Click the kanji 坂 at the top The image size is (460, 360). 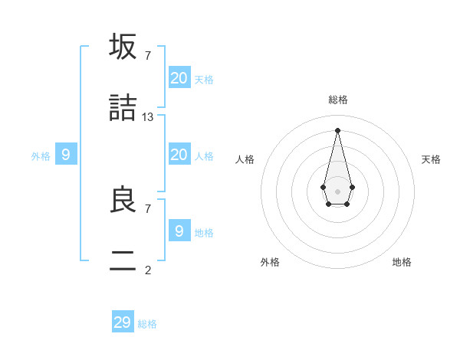(123, 47)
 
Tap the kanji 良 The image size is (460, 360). (123, 200)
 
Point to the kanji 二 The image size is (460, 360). (123, 261)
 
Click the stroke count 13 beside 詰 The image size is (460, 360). (148, 117)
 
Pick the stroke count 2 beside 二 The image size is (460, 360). (148, 270)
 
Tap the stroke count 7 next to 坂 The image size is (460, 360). (148, 55)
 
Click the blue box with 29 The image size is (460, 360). (123, 322)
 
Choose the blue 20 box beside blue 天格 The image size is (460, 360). (179, 77)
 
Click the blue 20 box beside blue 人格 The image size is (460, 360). (179, 155)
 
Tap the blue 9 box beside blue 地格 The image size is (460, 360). (179, 231)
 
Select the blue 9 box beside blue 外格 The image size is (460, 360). (66, 155)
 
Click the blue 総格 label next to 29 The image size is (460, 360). (147, 324)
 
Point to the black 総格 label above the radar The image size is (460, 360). (338, 100)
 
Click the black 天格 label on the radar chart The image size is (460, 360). (431, 159)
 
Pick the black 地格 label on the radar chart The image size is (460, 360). (402, 262)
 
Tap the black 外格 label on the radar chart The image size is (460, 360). (270, 262)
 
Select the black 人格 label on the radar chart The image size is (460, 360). (245, 159)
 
